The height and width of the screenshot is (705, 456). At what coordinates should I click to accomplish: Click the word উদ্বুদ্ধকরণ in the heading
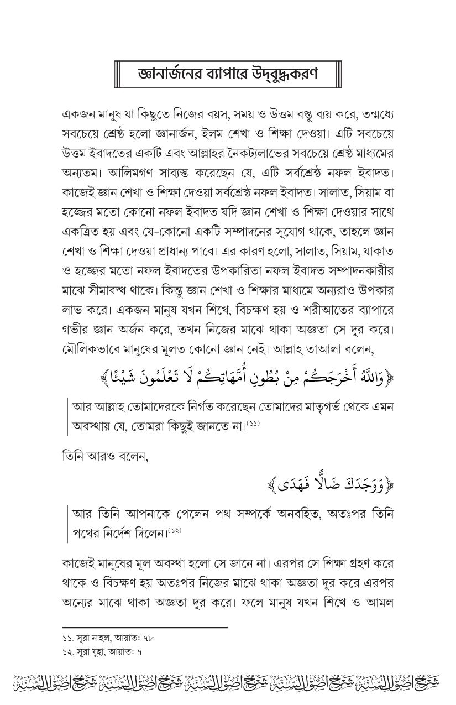(x=288, y=74)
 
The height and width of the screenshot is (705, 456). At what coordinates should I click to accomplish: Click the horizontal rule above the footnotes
(x=145, y=628)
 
